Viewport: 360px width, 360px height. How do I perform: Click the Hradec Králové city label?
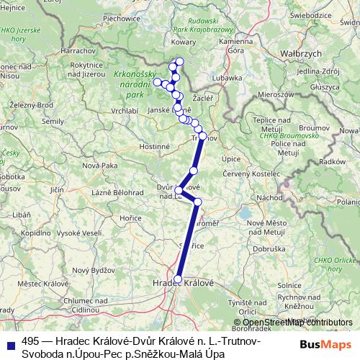(184, 284)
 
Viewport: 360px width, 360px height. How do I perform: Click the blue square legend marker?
(9, 343)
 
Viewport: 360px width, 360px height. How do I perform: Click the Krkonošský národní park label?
(134, 84)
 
